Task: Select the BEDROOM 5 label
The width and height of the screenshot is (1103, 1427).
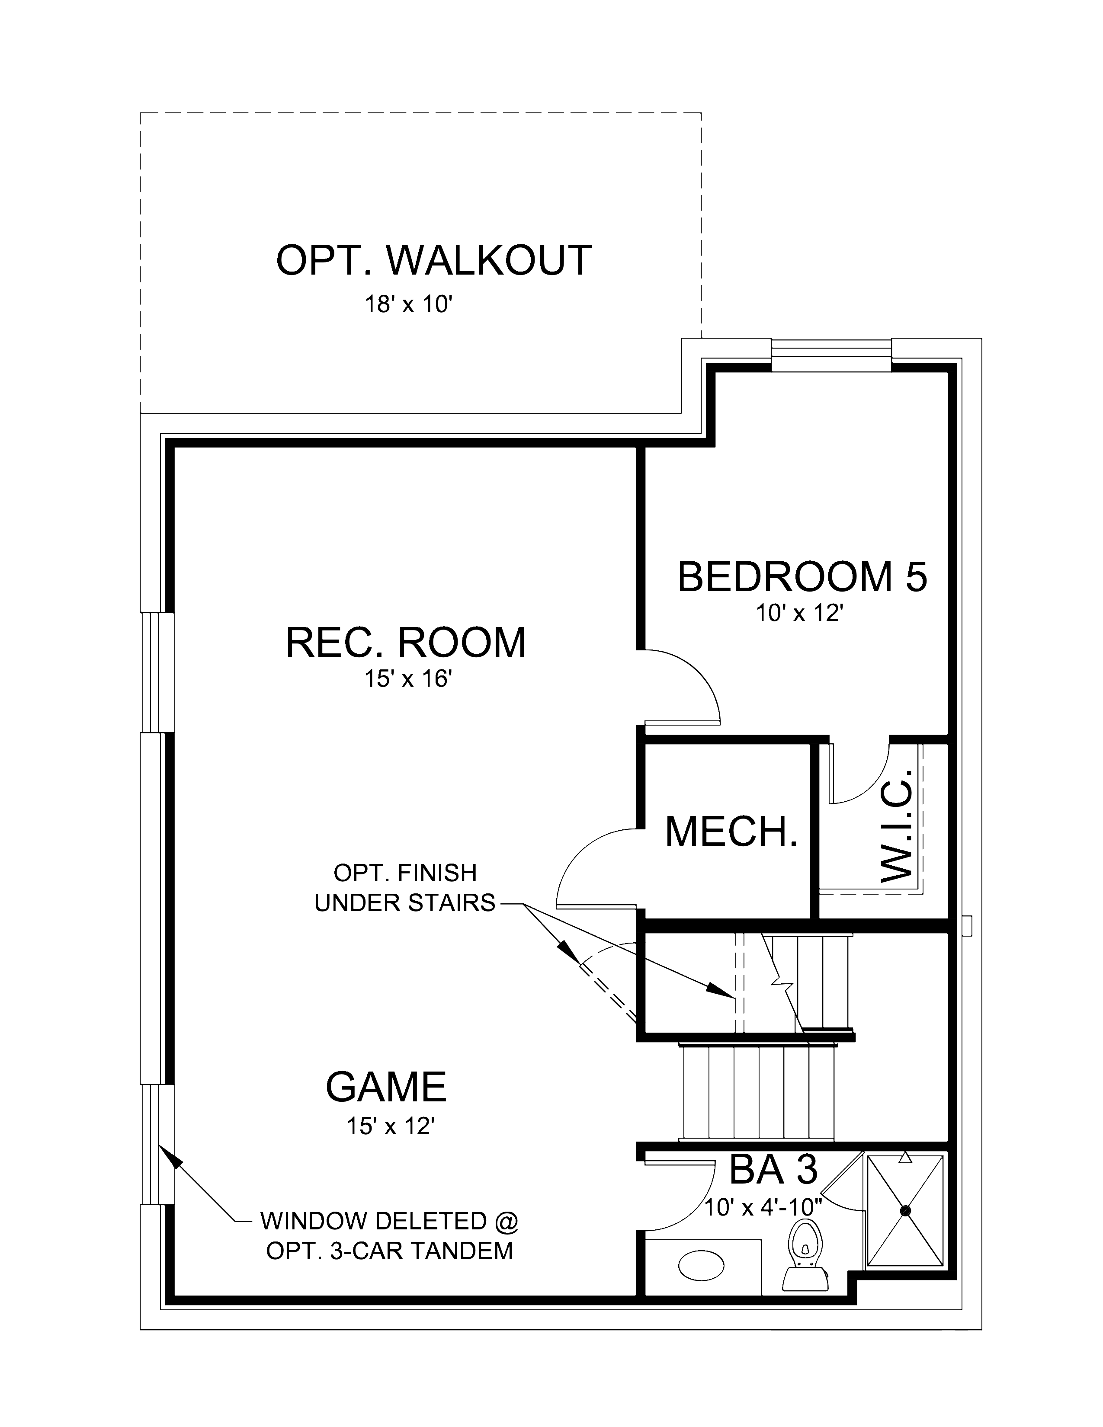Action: click(802, 577)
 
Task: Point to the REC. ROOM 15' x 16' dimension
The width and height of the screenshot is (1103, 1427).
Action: click(408, 679)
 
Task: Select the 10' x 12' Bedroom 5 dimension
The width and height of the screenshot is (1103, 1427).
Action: click(796, 614)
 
